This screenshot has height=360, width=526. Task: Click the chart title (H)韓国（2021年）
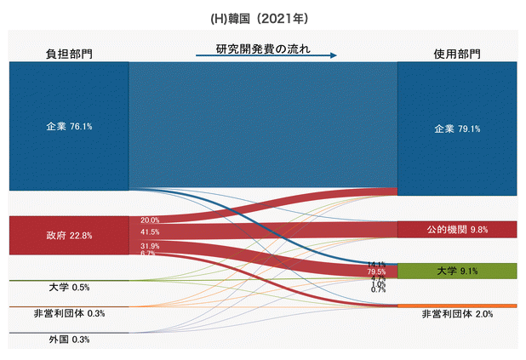click(263, 16)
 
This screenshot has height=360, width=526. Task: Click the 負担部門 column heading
click(69, 54)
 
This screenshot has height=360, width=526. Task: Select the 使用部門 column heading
click(456, 54)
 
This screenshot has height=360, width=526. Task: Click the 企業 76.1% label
click(69, 126)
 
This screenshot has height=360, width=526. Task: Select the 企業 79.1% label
click(457, 129)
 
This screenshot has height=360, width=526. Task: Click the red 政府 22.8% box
click(69, 235)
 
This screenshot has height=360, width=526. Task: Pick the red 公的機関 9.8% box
click(457, 229)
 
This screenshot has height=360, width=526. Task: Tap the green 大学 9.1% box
click(457, 271)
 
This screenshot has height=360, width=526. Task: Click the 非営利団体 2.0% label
click(457, 314)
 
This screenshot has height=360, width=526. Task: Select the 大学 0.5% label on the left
click(70, 288)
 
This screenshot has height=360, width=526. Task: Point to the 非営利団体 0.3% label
click(70, 313)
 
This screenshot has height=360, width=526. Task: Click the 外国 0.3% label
click(70, 339)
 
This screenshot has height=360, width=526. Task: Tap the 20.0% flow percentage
click(150, 220)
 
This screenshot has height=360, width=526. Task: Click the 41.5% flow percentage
click(150, 231)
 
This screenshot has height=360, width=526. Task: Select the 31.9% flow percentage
click(150, 246)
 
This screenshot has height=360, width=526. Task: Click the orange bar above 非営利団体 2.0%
click(457, 305)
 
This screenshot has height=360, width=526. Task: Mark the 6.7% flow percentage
click(147, 254)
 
